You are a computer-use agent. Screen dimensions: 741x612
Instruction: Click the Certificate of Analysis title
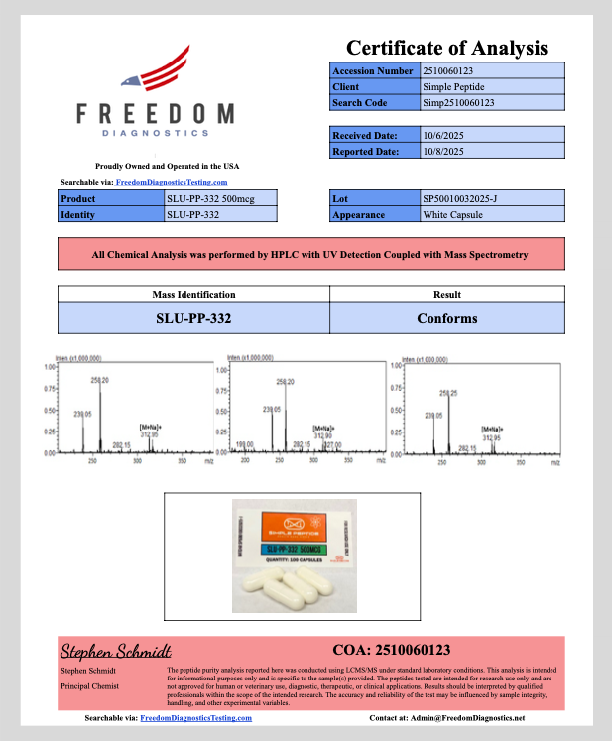[x=446, y=48]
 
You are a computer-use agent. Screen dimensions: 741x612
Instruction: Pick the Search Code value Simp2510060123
[x=458, y=103]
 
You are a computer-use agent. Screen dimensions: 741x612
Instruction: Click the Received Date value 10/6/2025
[x=443, y=135]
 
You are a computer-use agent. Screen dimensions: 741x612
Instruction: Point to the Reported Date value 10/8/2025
[x=443, y=151]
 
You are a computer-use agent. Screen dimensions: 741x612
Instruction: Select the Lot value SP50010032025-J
[x=462, y=199]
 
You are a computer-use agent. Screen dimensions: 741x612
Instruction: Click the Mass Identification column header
[x=193, y=294]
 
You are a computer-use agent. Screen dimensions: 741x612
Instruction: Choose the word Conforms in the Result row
[x=447, y=319]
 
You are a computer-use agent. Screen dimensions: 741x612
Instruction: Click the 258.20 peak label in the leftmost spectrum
[x=99, y=380]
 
